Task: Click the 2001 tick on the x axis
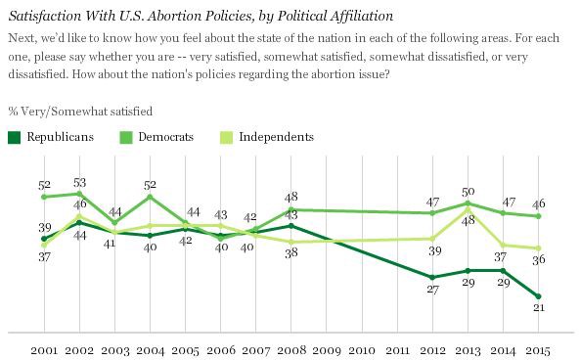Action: [x=43, y=348]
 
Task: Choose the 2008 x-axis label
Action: [x=291, y=348]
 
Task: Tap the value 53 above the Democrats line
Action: [x=78, y=182]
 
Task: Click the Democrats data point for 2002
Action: [x=78, y=195]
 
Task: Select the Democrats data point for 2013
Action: [x=468, y=202]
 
